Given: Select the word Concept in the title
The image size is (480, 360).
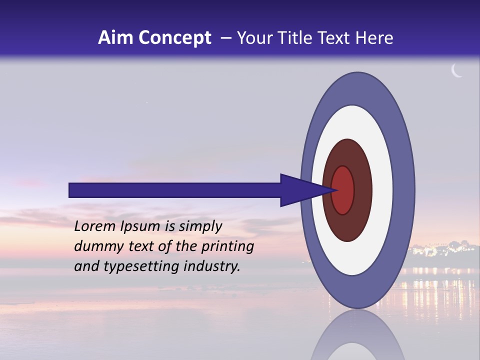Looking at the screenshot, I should click(174, 38).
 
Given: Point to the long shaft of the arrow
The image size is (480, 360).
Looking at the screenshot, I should click(175, 190).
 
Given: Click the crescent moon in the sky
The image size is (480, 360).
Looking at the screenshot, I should click(456, 71).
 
